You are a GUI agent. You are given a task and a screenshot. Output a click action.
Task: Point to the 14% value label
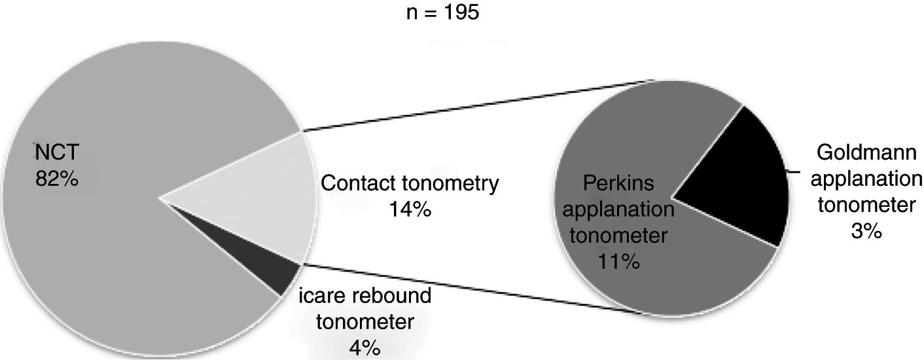pyautogui.click(x=409, y=211)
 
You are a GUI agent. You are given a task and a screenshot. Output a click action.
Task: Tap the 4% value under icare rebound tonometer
pyautogui.click(x=364, y=348)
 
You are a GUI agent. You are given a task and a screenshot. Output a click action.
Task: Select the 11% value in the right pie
pyautogui.click(x=618, y=262)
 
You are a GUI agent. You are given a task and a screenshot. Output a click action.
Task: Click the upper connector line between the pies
pyautogui.click(x=478, y=105)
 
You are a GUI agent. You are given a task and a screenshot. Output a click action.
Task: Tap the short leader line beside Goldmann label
pyautogui.click(x=794, y=172)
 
